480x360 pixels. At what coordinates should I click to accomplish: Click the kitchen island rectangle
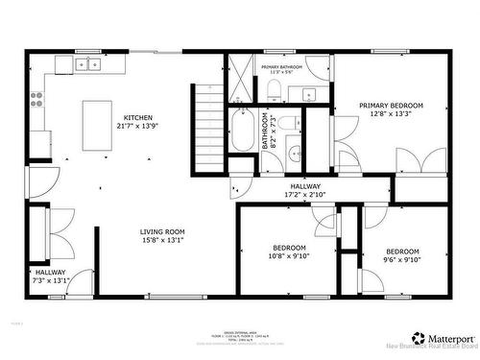pyautogui.click(x=96, y=126)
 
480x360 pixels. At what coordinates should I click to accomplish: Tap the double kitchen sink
pyautogui.click(x=88, y=65)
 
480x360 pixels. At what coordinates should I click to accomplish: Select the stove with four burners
pyautogui.click(x=38, y=96)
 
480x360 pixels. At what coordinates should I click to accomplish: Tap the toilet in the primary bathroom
pyautogui.click(x=273, y=91)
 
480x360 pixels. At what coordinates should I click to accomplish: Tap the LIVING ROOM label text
pyautogui.click(x=162, y=231)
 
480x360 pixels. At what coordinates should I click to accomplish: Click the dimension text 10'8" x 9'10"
pyautogui.click(x=290, y=256)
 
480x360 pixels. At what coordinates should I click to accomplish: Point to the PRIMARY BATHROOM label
pyautogui.click(x=281, y=66)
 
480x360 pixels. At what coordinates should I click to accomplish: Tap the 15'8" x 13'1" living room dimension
pyautogui.click(x=162, y=240)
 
